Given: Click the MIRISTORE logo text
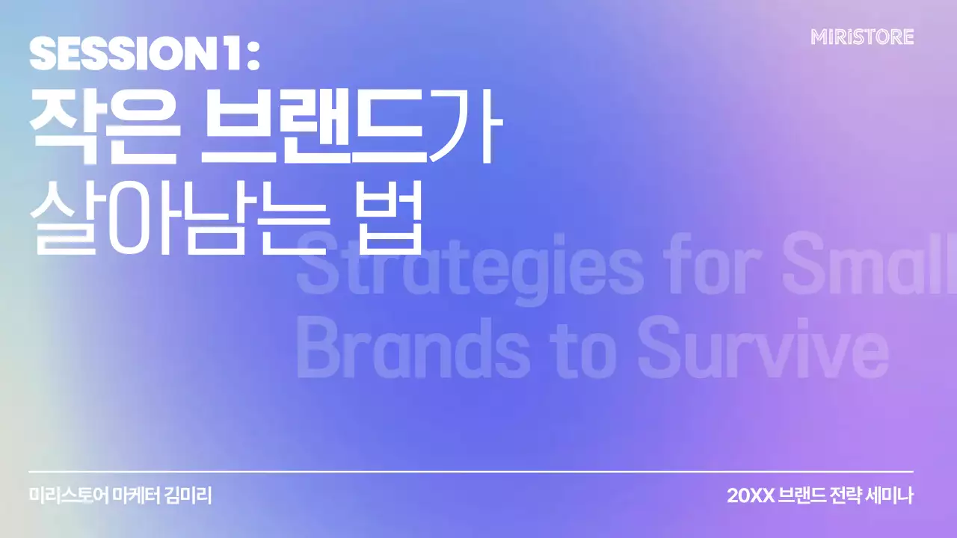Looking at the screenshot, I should tap(862, 37).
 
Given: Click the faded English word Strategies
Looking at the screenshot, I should tap(470, 265).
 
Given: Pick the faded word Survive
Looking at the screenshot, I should tap(763, 351).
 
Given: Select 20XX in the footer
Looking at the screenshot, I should tap(750, 495).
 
